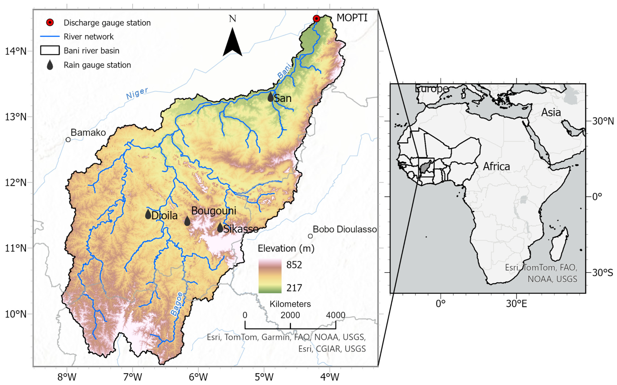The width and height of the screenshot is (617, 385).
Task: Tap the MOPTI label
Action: point(352,18)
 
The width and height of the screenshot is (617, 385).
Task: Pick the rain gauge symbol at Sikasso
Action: point(220,228)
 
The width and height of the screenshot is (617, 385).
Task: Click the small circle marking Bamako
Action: point(68,140)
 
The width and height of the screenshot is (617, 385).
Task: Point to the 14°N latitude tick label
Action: point(16,51)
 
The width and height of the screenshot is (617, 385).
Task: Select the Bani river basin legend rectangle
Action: point(50,50)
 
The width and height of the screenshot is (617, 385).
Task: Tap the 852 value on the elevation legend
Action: point(294,265)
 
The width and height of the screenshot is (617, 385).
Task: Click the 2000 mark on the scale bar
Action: point(290,315)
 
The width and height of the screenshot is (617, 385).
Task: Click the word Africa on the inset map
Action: point(496,167)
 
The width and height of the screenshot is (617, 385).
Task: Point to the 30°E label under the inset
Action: point(516,304)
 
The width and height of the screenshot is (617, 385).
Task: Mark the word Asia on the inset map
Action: point(551,112)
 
